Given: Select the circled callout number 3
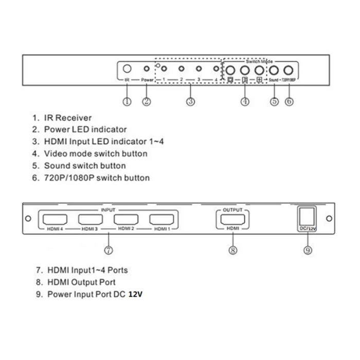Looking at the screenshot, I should click(x=190, y=101).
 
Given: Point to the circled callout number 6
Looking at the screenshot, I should click(x=289, y=101).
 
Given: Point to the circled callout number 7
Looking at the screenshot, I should click(x=109, y=250).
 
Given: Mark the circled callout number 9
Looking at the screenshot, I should click(x=308, y=250).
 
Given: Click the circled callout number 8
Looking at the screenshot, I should click(x=233, y=250).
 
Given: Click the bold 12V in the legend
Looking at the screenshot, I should click(x=135, y=295).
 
